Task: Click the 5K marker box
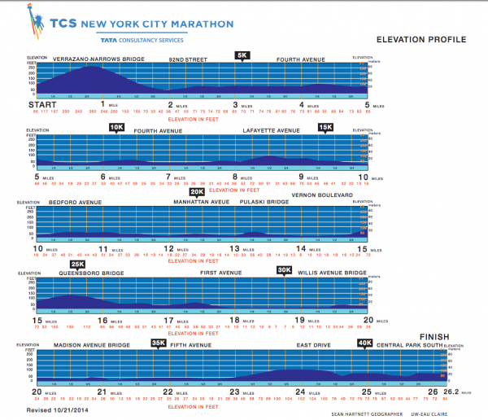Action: pos(242,55)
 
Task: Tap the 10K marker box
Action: pos(116,127)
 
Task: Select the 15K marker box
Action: pos(326,127)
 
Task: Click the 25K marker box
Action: pos(78,265)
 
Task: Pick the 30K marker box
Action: pos(284,270)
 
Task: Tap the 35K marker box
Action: pos(159,343)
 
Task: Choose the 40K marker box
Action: pos(365,343)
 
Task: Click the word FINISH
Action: pos(434,336)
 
